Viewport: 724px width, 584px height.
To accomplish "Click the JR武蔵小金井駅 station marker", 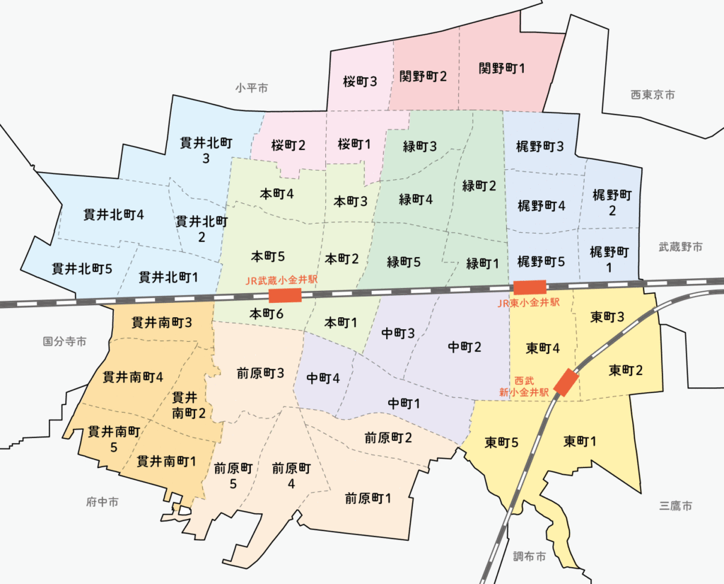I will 285,295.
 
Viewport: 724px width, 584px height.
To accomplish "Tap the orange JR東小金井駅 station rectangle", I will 530,287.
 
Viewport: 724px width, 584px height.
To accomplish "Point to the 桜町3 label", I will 360,81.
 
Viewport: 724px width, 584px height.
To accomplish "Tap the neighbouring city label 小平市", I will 252,88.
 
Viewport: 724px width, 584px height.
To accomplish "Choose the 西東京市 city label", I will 653,94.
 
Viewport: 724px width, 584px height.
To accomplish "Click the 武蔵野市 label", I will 681,247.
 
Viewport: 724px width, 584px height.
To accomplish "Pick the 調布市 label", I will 530,556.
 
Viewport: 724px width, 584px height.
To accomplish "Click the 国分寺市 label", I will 64,341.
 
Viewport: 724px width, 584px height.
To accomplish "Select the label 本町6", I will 267,312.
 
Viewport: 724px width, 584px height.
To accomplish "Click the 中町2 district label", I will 465,347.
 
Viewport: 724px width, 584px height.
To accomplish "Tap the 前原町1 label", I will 368,498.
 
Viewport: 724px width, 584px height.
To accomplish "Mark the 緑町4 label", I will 416,199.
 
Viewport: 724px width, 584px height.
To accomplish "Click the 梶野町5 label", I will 541,261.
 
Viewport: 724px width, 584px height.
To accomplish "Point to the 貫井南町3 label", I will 162,323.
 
